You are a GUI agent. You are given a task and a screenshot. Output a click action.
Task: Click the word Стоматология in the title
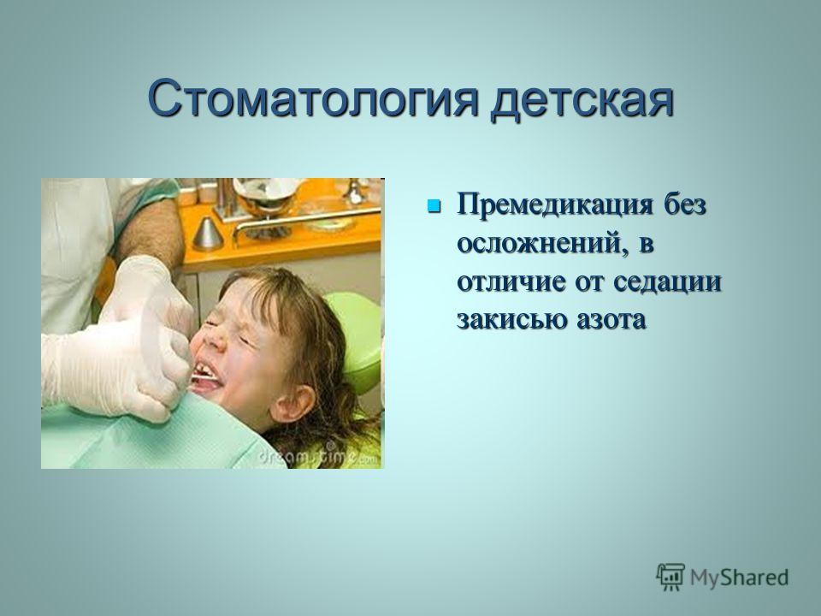pyautogui.click(x=313, y=98)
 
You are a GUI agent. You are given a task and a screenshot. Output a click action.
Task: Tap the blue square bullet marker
pyautogui.click(x=434, y=205)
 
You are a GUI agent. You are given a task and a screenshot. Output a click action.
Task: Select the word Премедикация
pyautogui.click(x=556, y=205)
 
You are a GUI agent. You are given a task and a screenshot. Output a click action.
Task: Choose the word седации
pyautogui.click(x=667, y=282)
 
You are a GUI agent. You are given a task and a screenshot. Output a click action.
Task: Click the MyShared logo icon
pyautogui.click(x=670, y=577)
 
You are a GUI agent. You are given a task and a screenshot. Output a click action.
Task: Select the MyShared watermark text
pyautogui.click(x=739, y=577)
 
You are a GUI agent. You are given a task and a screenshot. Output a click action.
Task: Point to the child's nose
pyautogui.click(x=214, y=341)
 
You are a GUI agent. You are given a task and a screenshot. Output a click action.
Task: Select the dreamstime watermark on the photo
pyautogui.click(x=318, y=456)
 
